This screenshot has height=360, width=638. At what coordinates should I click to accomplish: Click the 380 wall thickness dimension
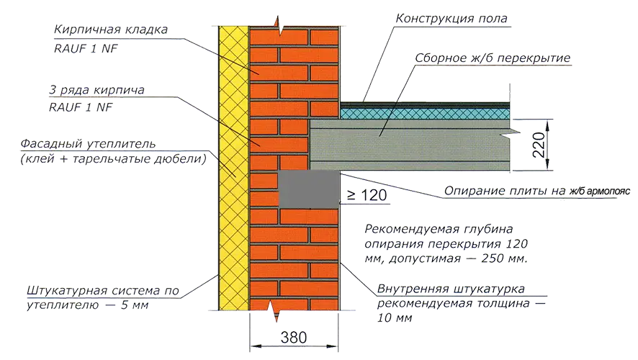[x=294, y=338]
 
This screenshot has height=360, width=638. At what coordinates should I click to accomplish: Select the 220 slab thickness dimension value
[x=539, y=145]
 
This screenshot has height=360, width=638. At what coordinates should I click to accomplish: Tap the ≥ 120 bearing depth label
[x=367, y=195]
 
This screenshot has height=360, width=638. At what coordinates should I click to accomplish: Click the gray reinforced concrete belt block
[x=309, y=190]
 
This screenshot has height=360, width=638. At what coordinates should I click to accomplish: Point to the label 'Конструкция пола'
[x=451, y=19]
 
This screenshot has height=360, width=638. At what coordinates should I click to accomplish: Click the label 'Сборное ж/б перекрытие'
[x=493, y=58]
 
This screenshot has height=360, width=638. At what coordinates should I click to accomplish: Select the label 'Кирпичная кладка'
[x=111, y=30]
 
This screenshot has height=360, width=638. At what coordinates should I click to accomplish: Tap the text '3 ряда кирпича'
[x=96, y=90]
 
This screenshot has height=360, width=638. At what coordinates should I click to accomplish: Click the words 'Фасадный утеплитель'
[x=88, y=144]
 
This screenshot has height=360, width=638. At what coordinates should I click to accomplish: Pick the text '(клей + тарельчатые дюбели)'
[x=114, y=158]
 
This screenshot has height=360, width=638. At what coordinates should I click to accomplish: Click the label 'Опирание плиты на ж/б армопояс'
[x=536, y=191]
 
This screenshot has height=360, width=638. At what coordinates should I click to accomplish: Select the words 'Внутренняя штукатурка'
[x=451, y=289]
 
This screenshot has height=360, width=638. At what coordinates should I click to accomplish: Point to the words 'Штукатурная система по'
[x=103, y=291]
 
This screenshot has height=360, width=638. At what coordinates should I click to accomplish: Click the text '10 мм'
[x=395, y=318]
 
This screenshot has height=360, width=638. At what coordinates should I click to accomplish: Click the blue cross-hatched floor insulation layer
[x=425, y=114]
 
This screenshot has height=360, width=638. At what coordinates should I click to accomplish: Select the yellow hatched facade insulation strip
[x=233, y=168]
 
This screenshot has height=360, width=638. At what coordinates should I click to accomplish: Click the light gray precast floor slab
[x=410, y=145]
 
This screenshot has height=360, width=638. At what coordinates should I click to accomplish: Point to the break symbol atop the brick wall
[x=279, y=27]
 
